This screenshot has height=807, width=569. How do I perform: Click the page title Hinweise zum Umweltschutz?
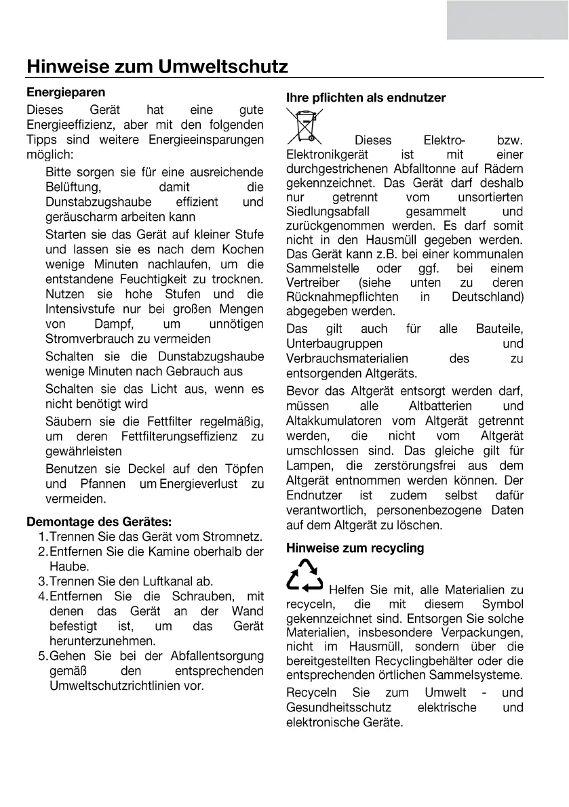coord(157,67)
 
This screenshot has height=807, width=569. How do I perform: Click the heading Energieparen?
coord(66,91)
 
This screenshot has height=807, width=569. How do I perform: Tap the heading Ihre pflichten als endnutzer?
coord(366,98)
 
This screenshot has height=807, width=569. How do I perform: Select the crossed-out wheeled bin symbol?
coord(306,127)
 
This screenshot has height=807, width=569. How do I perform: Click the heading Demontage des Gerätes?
coord(99,522)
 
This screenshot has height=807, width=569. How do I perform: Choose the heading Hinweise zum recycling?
coord(355,547)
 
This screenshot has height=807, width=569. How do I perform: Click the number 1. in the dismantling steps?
coord(43,537)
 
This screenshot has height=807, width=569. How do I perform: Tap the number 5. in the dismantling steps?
coord(43,656)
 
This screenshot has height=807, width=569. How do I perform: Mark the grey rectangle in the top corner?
coord(507,19)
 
